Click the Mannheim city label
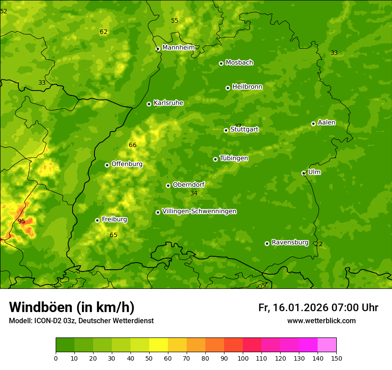pos(178,48)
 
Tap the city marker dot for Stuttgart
pos(226,130)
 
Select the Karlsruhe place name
pos(168,103)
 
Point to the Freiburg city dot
pos(97,220)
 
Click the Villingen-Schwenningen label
pos(199,211)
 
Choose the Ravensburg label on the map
pos(290,243)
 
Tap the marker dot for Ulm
pos(303,173)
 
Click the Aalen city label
pos(326,123)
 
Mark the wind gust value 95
pos(21,221)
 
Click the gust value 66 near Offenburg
pos(132,145)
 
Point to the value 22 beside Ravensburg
pos(318,244)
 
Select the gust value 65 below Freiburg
pos(114,235)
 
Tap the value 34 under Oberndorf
pos(194,193)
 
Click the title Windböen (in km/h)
pos(72,307)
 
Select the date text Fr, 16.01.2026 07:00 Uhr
pos(318,308)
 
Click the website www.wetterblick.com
pos(321,321)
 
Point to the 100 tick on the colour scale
pos(243,358)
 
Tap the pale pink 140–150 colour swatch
pos(327,345)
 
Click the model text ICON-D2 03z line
pos(81,321)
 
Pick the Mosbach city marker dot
pos(221,63)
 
